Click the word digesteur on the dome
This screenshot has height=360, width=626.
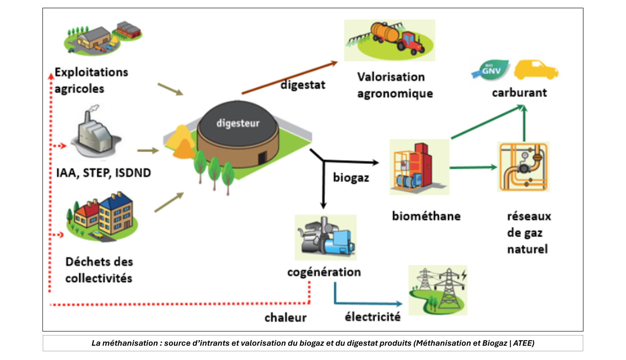(x=238, y=123)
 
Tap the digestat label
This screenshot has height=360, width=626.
(x=303, y=85)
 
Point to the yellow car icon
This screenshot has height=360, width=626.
(x=536, y=69)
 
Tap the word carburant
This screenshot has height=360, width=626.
(x=519, y=93)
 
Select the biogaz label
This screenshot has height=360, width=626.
(x=351, y=177)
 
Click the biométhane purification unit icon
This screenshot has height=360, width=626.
(x=419, y=167)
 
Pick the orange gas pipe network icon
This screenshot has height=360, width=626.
(x=523, y=167)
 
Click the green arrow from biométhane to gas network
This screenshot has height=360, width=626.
(x=473, y=167)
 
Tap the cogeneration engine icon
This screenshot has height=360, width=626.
(x=326, y=237)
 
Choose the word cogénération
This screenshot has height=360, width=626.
(x=324, y=272)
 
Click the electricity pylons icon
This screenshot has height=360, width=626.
(x=438, y=290)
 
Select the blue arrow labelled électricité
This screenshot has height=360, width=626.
(x=367, y=303)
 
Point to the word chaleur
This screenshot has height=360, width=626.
(x=285, y=318)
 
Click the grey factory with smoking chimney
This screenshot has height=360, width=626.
(x=95, y=133)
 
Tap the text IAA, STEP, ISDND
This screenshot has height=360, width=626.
(x=104, y=173)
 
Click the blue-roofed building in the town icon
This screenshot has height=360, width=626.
(x=116, y=212)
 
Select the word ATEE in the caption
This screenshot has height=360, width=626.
(x=523, y=343)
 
